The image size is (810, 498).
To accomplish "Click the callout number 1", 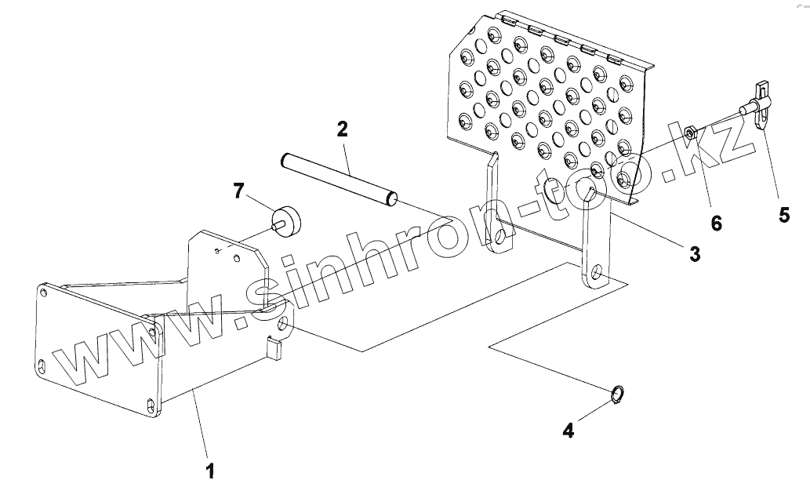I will (209, 472).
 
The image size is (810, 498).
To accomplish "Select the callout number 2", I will (343, 129).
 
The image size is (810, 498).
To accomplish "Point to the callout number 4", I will (568, 431).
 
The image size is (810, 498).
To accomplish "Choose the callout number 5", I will (784, 214).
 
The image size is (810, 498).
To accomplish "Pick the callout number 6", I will (716, 223).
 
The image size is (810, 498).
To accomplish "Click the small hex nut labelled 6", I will (689, 133).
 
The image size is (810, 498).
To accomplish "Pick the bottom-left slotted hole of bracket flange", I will (42, 366).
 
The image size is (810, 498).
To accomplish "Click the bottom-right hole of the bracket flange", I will (151, 405).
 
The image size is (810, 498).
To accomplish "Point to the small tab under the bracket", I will (274, 346).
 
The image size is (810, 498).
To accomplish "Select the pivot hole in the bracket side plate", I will (283, 325).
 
